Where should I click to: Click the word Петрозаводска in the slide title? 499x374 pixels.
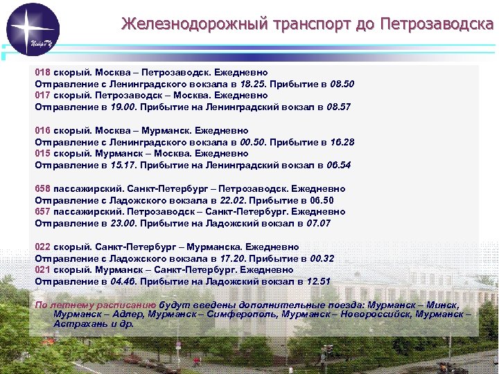[433, 24]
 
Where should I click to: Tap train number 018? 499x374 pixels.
[43, 72]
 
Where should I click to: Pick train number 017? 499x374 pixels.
[43, 96]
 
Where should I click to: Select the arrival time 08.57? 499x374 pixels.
[338, 107]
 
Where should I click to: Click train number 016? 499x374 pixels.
[43, 131]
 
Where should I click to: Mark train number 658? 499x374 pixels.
[43, 189]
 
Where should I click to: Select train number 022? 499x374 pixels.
[43, 247]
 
